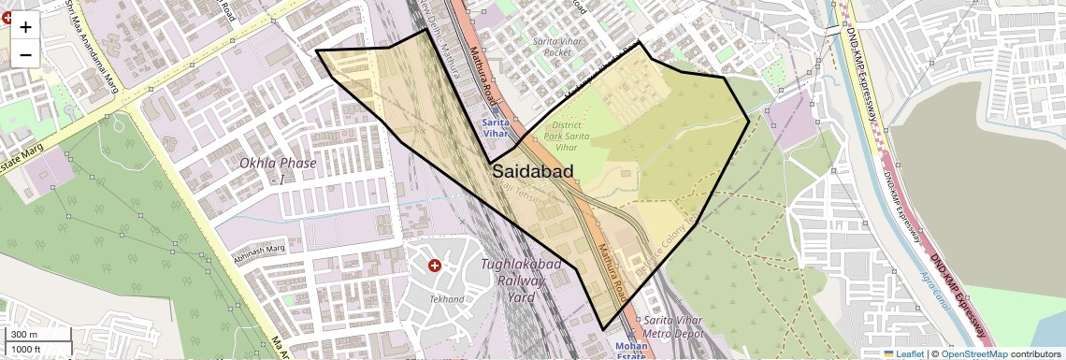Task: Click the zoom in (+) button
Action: coord(25,26)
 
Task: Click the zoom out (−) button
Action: coord(25,54)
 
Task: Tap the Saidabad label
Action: coord(531,172)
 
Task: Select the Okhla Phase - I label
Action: coord(278,169)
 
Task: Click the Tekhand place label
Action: coord(446,299)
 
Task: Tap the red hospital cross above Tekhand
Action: coord(434,266)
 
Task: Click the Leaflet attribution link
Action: coord(903,354)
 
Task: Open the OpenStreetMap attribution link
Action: coord(974,354)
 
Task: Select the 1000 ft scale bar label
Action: coord(28,349)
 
